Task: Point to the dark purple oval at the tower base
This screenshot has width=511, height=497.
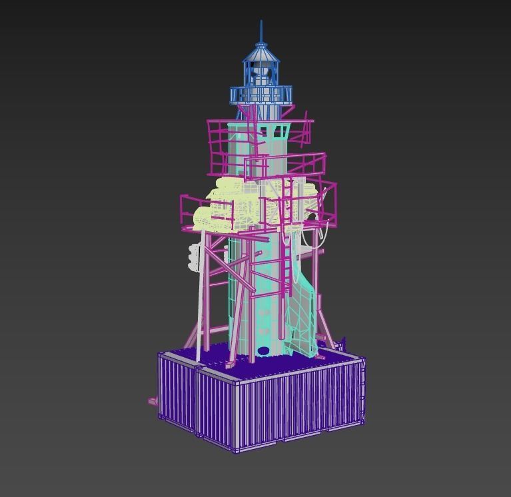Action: point(263,350)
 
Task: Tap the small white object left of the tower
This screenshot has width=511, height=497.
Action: point(194,257)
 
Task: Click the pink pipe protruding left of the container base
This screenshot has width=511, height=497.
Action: point(153,401)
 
